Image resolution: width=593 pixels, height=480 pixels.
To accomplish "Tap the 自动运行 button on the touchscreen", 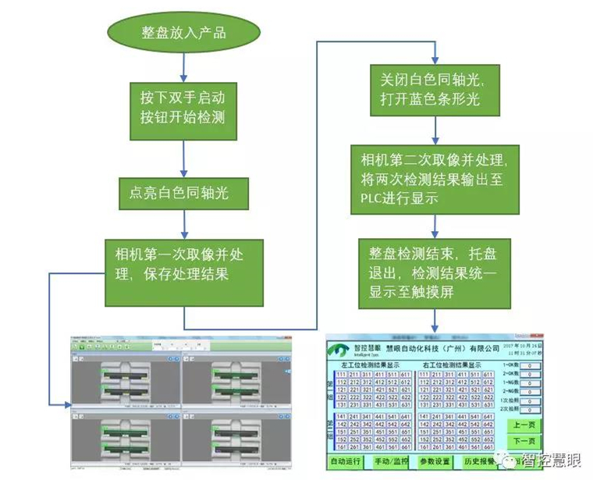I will point(346,462).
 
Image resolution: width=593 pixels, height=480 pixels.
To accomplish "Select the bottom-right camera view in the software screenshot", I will point(234,441).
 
